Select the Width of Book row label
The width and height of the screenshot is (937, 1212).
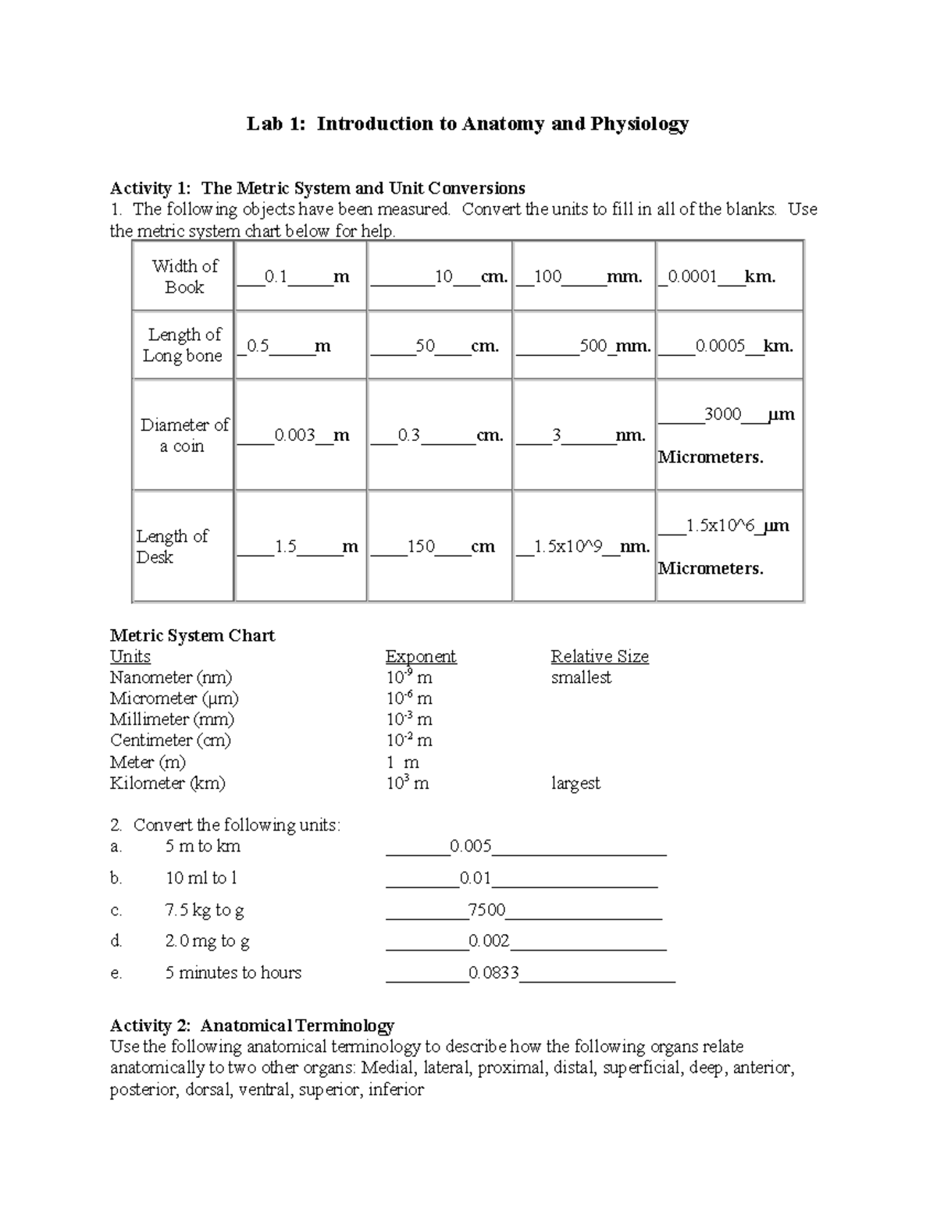click(x=184, y=276)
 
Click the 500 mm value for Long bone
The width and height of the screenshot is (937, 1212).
click(x=593, y=346)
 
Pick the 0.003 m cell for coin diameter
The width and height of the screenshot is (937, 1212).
click(x=294, y=435)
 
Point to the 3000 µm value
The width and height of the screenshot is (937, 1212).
click(x=722, y=414)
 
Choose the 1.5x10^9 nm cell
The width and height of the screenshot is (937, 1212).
click(x=568, y=546)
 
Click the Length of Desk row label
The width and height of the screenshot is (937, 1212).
click(x=172, y=546)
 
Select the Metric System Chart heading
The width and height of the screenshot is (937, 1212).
click(x=192, y=635)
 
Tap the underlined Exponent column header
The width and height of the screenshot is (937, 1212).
click(x=421, y=656)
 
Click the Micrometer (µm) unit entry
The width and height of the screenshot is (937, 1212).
click(x=174, y=698)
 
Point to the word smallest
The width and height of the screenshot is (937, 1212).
click(x=581, y=677)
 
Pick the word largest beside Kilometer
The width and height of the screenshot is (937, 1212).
click(x=575, y=783)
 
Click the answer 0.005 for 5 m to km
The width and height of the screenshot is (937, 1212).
click(x=471, y=846)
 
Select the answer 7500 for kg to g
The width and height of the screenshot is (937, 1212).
click(x=486, y=910)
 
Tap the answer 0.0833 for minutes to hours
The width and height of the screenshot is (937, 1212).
click(x=493, y=973)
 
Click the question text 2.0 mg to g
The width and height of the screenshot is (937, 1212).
click(x=207, y=941)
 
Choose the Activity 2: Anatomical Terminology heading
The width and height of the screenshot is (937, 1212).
click(x=251, y=1025)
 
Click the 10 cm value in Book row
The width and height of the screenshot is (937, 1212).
click(x=444, y=276)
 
